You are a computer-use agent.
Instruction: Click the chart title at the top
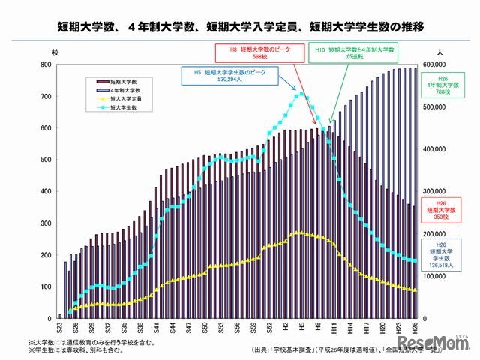[240, 27]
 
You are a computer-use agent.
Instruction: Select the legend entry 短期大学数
[113, 79]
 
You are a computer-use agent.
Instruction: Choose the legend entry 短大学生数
[113, 107]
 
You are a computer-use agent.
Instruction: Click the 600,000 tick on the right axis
[437, 65]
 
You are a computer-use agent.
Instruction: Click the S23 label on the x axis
[60, 328]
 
